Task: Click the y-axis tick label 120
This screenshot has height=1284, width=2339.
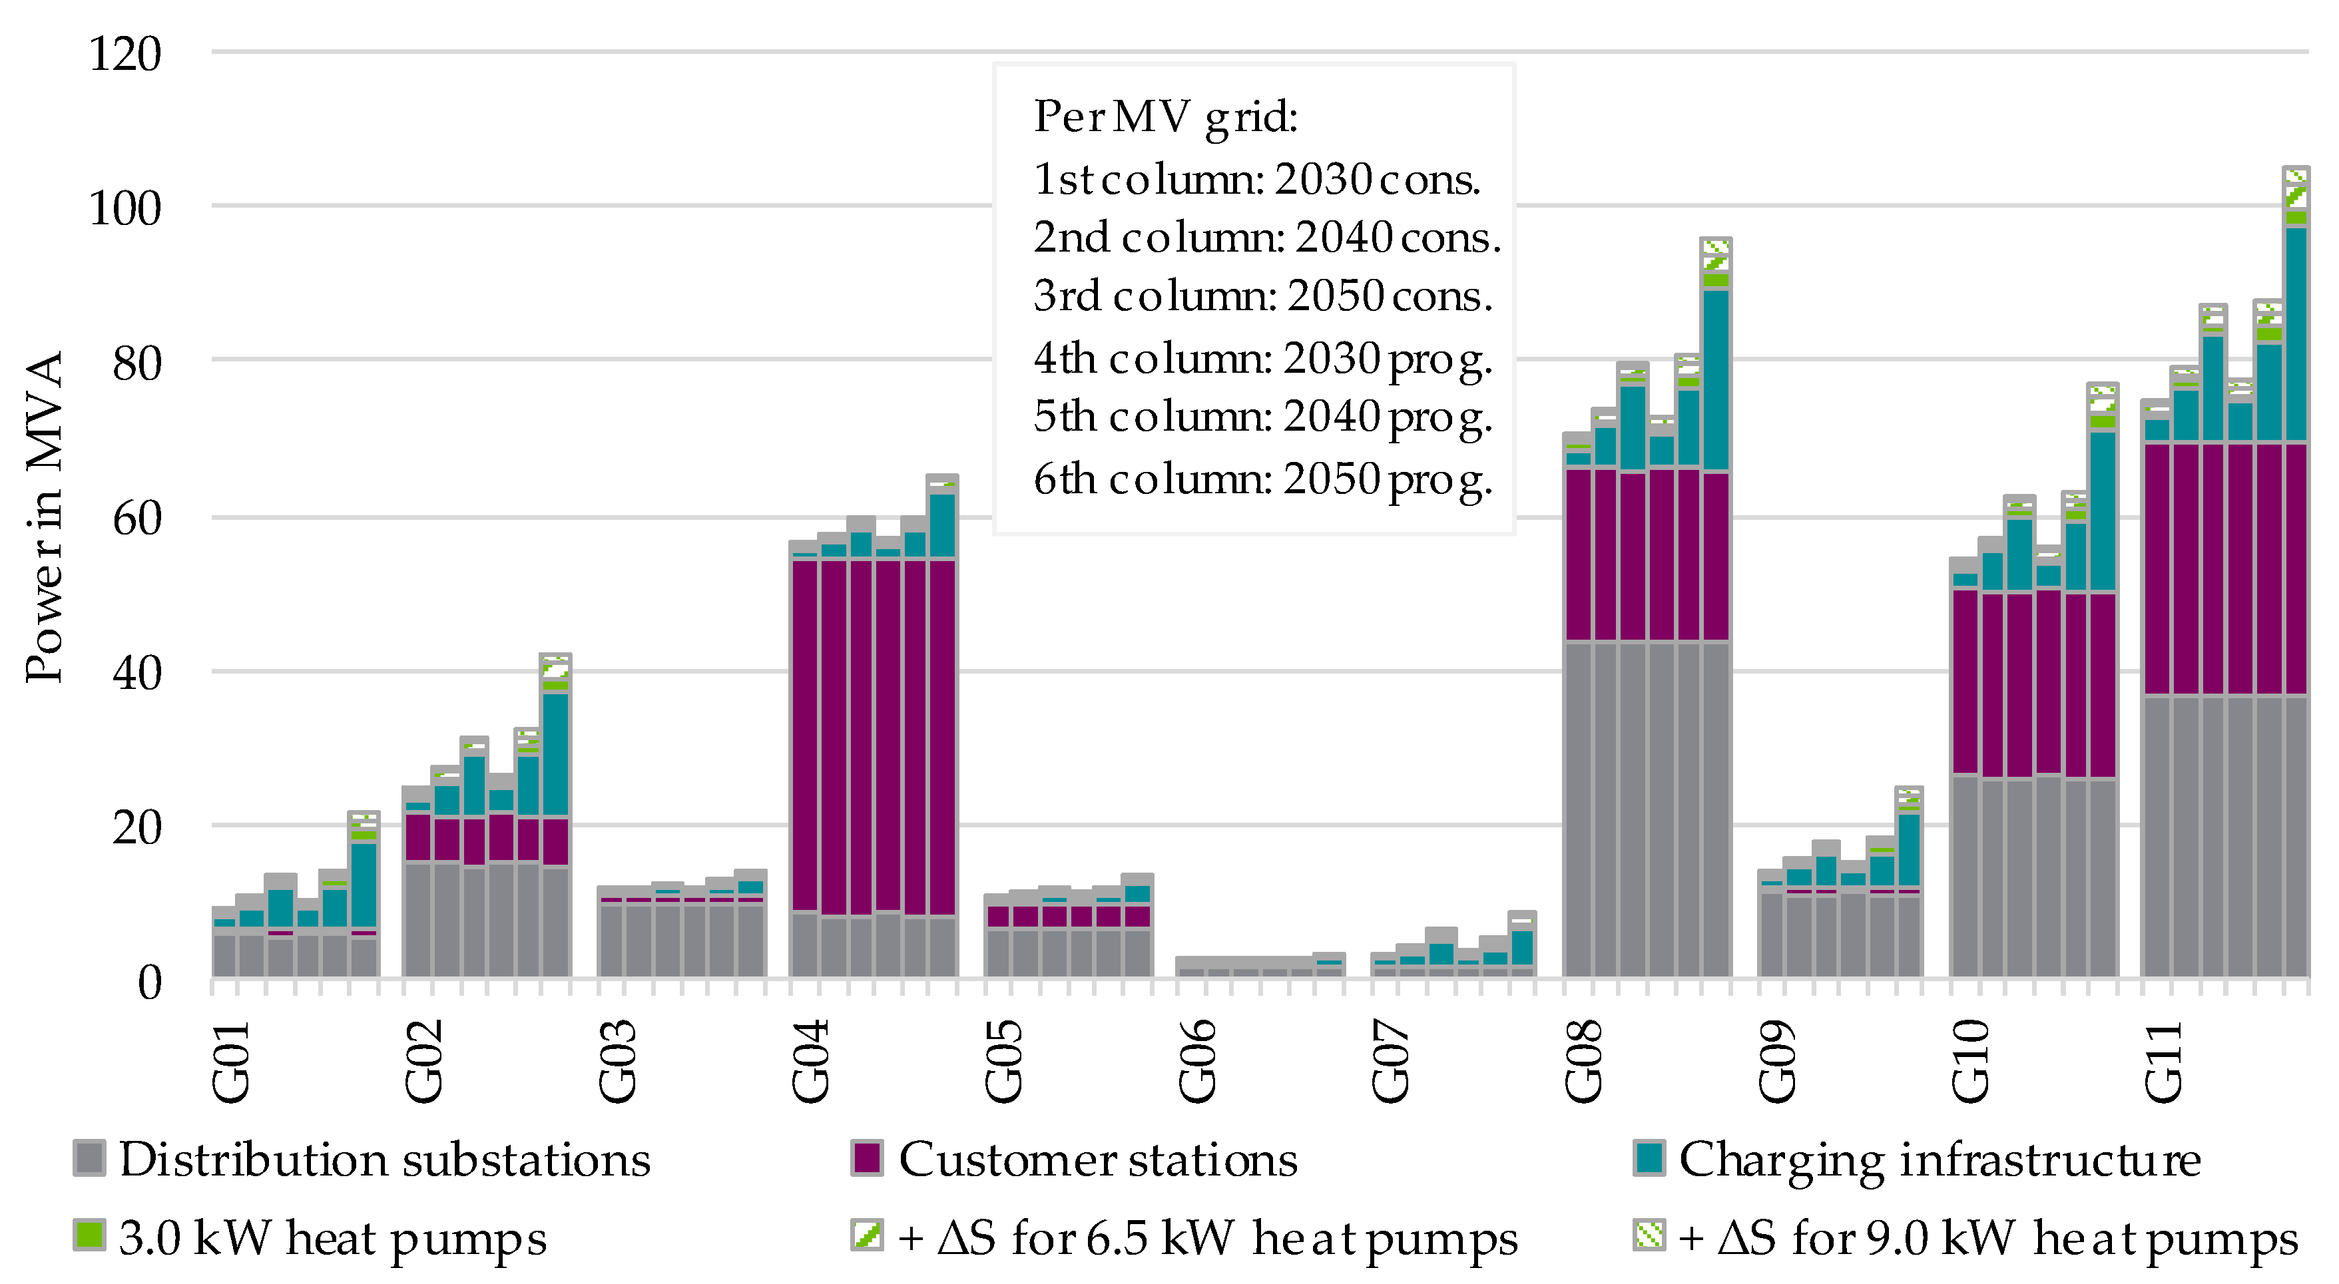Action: [x=125, y=55]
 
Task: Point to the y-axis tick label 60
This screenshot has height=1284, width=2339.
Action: [x=136, y=519]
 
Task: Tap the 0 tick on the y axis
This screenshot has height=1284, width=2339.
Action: [x=150, y=982]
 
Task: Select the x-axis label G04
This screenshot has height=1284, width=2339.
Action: [x=811, y=1060]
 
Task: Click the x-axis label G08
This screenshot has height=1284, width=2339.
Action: [x=1585, y=1060]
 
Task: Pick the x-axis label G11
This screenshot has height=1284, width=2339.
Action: [x=2164, y=1060]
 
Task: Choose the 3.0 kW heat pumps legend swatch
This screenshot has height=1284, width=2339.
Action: [x=89, y=1235]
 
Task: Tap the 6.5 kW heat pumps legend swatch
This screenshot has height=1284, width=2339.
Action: [x=867, y=1235]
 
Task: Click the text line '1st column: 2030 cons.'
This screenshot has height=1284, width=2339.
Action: [x=1256, y=179]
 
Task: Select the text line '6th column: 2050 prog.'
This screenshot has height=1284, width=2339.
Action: [x=1262, y=479]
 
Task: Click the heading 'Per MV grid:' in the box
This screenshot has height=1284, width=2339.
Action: [x=1165, y=117]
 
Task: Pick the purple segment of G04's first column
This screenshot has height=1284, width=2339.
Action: [x=804, y=736]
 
